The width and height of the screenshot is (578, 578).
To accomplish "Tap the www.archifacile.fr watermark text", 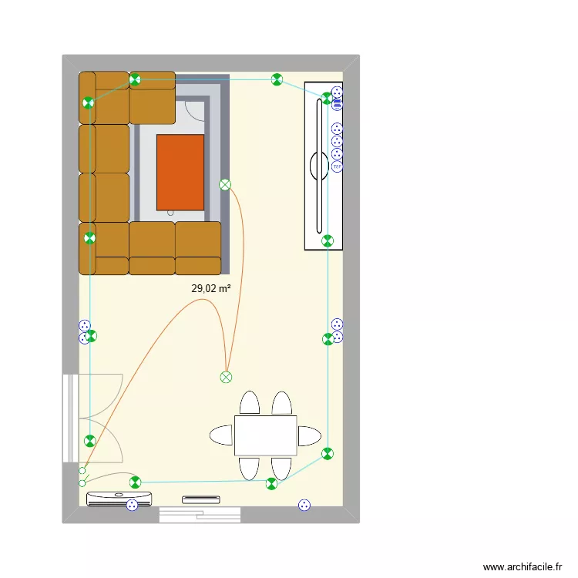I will point(523,566).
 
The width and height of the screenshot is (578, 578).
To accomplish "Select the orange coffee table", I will point(180,173).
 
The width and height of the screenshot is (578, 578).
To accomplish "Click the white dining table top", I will point(265,435).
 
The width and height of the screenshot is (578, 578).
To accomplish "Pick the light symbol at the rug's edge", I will point(225,184).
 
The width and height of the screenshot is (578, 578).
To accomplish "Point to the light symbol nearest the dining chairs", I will point(226,377).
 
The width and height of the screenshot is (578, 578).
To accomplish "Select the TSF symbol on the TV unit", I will point(337,166).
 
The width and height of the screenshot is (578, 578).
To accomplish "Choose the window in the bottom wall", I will point(199,515).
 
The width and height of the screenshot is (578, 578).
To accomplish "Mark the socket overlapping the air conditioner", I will point(132,505).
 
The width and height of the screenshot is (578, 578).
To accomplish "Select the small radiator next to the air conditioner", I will point(201,499).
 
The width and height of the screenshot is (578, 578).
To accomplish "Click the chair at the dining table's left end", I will point(220,435).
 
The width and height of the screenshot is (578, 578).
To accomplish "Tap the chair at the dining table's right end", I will point(310,435).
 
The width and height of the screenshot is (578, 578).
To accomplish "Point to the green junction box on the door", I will point(90,441).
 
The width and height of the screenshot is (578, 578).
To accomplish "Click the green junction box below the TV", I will point(328,240).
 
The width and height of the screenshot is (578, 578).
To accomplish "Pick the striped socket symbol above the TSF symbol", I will point(337,154).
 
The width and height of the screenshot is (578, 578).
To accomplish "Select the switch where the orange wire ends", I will point(82,470).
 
